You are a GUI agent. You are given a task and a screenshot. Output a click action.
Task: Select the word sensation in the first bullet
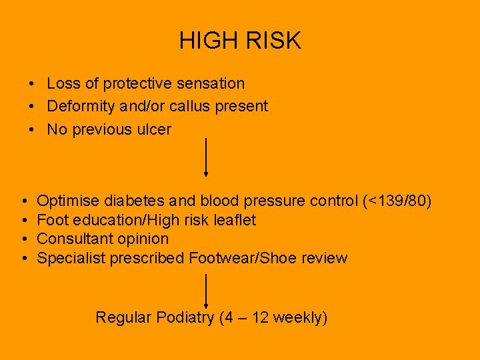pyautogui.click(x=211, y=83)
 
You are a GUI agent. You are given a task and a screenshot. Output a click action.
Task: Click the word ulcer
pyautogui.click(x=154, y=129)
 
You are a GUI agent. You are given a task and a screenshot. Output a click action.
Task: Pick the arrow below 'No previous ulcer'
pyautogui.click(x=206, y=157)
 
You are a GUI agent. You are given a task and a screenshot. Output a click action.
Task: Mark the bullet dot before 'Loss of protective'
pyautogui.click(x=31, y=84)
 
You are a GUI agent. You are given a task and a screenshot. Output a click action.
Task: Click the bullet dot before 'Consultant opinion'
pyautogui.click(x=23, y=239)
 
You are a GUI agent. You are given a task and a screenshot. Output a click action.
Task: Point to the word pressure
pyautogui.click(x=274, y=201)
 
